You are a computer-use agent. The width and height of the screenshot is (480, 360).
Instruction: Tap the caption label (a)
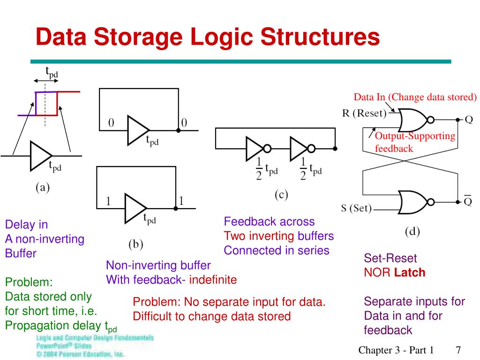pos(43,188)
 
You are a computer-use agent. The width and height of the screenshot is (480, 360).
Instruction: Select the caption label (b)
pos(136,244)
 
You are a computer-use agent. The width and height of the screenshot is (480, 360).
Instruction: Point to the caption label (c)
pos(281,195)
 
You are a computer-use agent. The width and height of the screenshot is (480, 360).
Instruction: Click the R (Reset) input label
pos(364,113)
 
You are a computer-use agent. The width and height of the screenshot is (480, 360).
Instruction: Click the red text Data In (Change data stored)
pos(415,97)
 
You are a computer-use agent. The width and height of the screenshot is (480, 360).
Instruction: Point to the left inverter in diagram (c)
pos(256,149)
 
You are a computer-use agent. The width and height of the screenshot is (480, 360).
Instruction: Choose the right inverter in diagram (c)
pos(300,149)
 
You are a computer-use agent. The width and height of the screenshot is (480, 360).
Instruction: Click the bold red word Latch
pos(410,272)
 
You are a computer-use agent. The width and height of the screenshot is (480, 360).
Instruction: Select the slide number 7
pos(458,350)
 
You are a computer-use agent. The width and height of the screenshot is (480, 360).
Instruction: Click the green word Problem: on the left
pos(29,283)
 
